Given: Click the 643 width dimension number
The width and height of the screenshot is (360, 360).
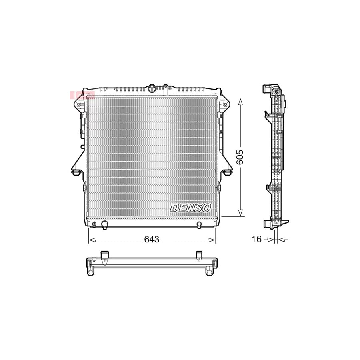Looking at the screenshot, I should (152, 240).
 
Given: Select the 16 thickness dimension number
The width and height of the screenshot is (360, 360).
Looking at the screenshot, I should (256, 239).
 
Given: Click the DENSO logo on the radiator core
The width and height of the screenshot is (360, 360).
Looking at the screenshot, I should (190, 208).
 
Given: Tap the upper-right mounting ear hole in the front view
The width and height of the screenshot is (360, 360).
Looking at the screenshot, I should (226, 104).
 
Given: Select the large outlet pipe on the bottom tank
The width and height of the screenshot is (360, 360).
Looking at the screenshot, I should (105, 225).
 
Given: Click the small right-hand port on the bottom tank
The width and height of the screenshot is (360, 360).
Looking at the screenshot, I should (199, 225).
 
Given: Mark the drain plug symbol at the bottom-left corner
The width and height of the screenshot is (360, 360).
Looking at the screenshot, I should (94, 224).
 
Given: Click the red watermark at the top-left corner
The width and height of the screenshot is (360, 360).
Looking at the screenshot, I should (82, 95).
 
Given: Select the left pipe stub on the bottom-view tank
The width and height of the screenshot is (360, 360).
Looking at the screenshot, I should (105, 256).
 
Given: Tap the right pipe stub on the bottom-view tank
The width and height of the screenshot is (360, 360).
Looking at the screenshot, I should (199, 256).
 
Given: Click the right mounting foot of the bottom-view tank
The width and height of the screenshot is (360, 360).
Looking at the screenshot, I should (209, 272).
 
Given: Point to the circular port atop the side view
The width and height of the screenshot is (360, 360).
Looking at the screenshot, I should (276, 92).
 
